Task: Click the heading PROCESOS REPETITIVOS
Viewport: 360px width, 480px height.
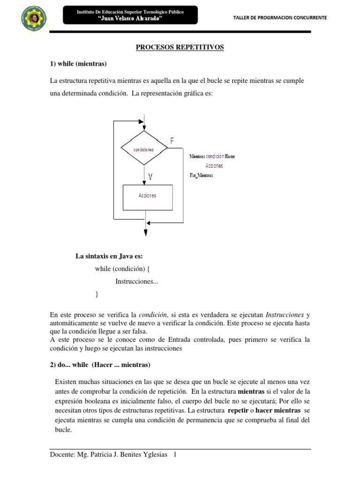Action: (180, 47)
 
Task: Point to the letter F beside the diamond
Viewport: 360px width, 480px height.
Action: (172, 140)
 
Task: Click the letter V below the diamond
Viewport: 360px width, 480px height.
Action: (150, 177)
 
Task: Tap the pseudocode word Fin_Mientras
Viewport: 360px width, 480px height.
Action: (202, 175)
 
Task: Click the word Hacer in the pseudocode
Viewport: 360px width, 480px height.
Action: (230, 156)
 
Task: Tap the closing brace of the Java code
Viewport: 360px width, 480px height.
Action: (97, 294)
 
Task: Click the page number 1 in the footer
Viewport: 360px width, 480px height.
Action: (175, 455)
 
